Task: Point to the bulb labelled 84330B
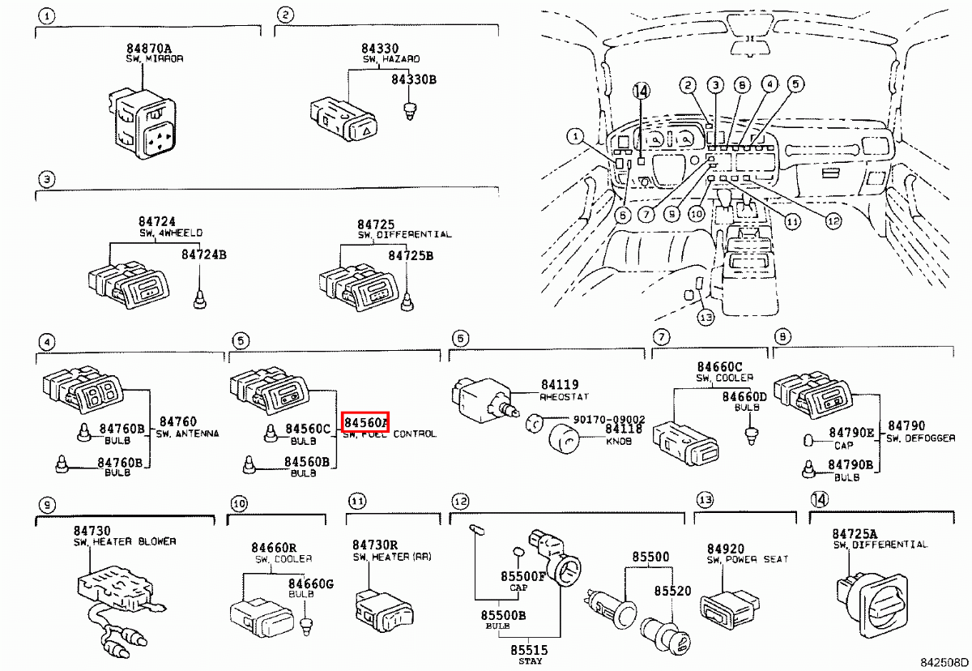[409, 109]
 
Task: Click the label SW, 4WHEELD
[170, 233]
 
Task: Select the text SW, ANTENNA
[187, 434]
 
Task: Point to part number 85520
[673, 592]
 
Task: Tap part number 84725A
[855, 533]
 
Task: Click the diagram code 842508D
[943, 663]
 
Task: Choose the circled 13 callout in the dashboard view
[706, 318]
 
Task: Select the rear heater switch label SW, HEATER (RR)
[392, 558]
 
